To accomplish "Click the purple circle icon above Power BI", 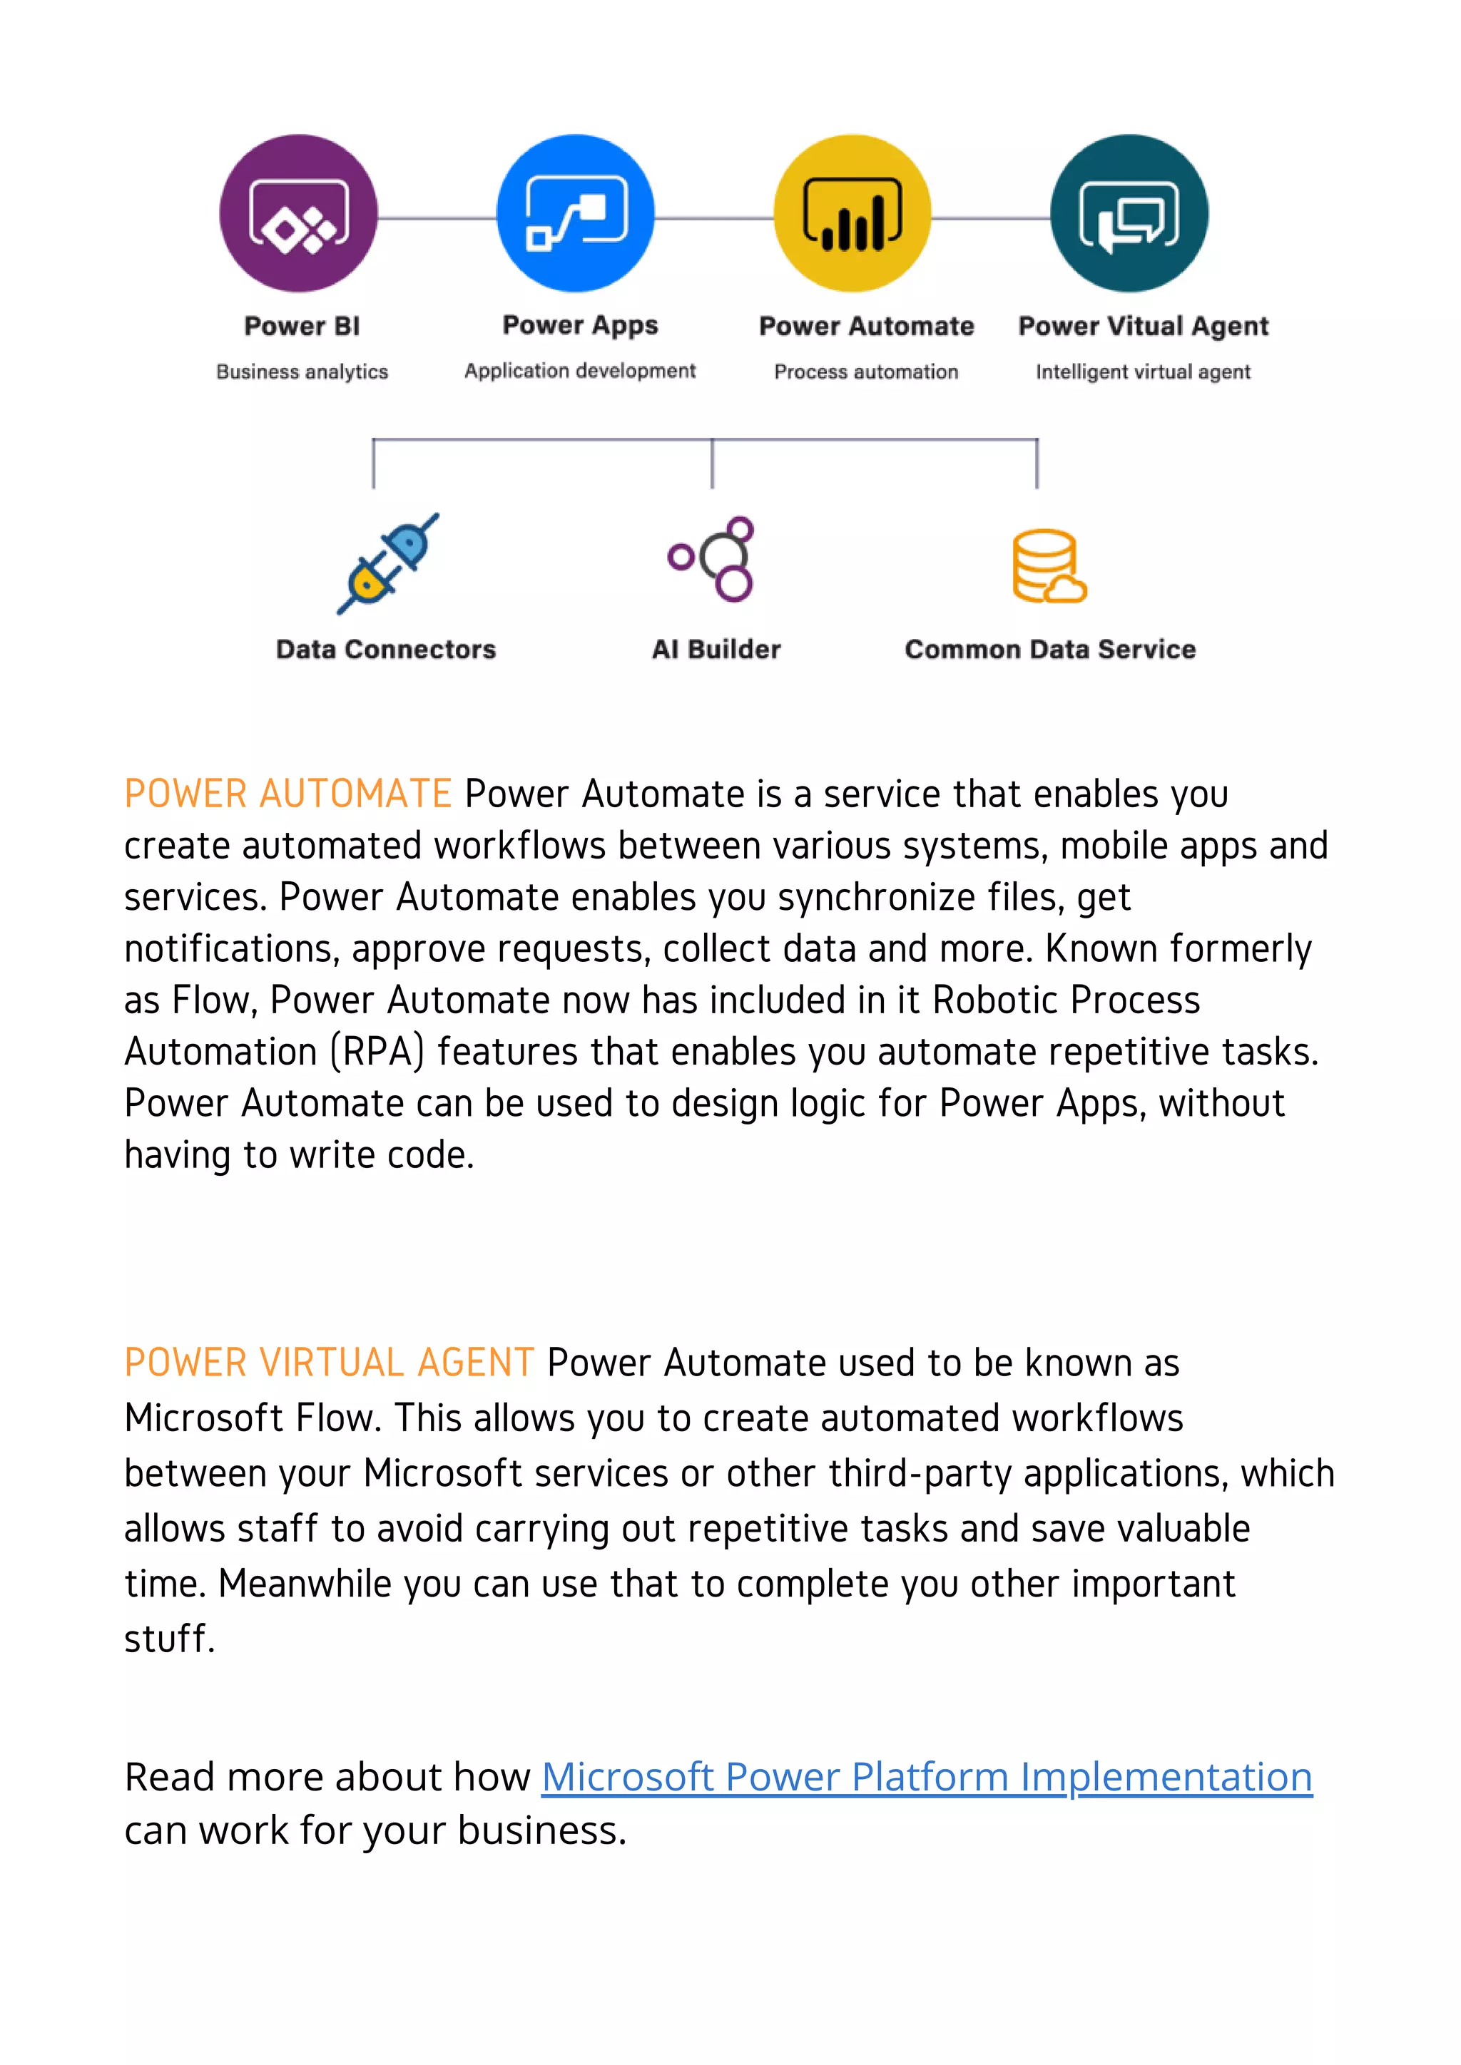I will pyautogui.click(x=299, y=214).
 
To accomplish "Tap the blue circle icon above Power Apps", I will pyautogui.click(x=576, y=214).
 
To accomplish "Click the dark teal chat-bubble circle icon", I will pyautogui.click(x=1129, y=214).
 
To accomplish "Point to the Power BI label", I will pyautogui.click(x=302, y=326).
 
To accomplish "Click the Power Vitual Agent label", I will pyautogui.click(x=1143, y=326).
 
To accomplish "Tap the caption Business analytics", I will pyautogui.click(x=302, y=372).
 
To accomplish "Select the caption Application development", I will pyautogui.click(x=580, y=371).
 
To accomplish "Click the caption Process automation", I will pyautogui.click(x=866, y=372).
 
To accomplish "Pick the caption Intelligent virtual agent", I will pyautogui.click(x=1143, y=372).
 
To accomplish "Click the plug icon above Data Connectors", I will pyautogui.click(x=388, y=564).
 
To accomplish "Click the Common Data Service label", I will pyautogui.click(x=1050, y=650).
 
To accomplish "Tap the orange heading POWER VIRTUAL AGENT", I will pyautogui.click(x=330, y=1363).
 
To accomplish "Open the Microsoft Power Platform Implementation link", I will pyautogui.click(x=927, y=1777).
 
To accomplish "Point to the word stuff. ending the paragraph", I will pyautogui.click(x=169, y=1639).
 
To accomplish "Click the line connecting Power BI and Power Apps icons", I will pyautogui.click(x=437, y=217).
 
